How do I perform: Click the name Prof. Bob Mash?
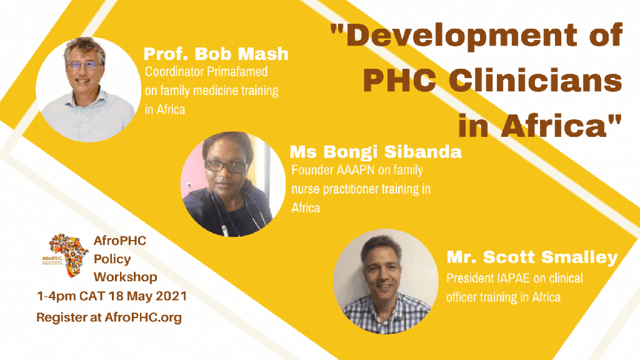(216, 54)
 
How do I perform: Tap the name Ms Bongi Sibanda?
(376, 152)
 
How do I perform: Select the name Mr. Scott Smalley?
(532, 257)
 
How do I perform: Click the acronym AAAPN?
(356, 170)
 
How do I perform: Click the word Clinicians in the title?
(535, 80)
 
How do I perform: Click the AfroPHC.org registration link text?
(143, 317)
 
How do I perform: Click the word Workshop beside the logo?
(125, 277)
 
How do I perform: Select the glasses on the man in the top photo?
(84, 64)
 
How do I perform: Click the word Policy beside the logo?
(112, 259)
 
